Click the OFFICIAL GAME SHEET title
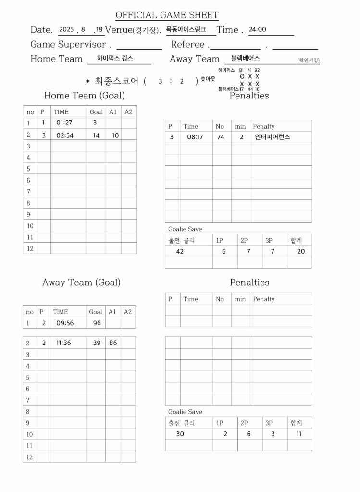pos(167,15)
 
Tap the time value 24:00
pos(257,29)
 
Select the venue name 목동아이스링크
pos(186,29)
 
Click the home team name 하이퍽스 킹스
pos(115,58)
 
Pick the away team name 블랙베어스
pos(245,58)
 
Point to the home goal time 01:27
pos(64,123)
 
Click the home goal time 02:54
pos(64,135)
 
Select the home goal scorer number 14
pos(96,135)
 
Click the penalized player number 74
pos(221,137)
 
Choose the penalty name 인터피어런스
pos(273,137)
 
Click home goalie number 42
pos(180,251)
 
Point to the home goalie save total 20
pos(301,251)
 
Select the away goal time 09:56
pos(65,323)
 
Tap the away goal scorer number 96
pos(97,323)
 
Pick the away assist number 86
pos(113,343)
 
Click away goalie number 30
pos(180,434)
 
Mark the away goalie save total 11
pos(299,434)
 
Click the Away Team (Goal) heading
pos(81,283)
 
